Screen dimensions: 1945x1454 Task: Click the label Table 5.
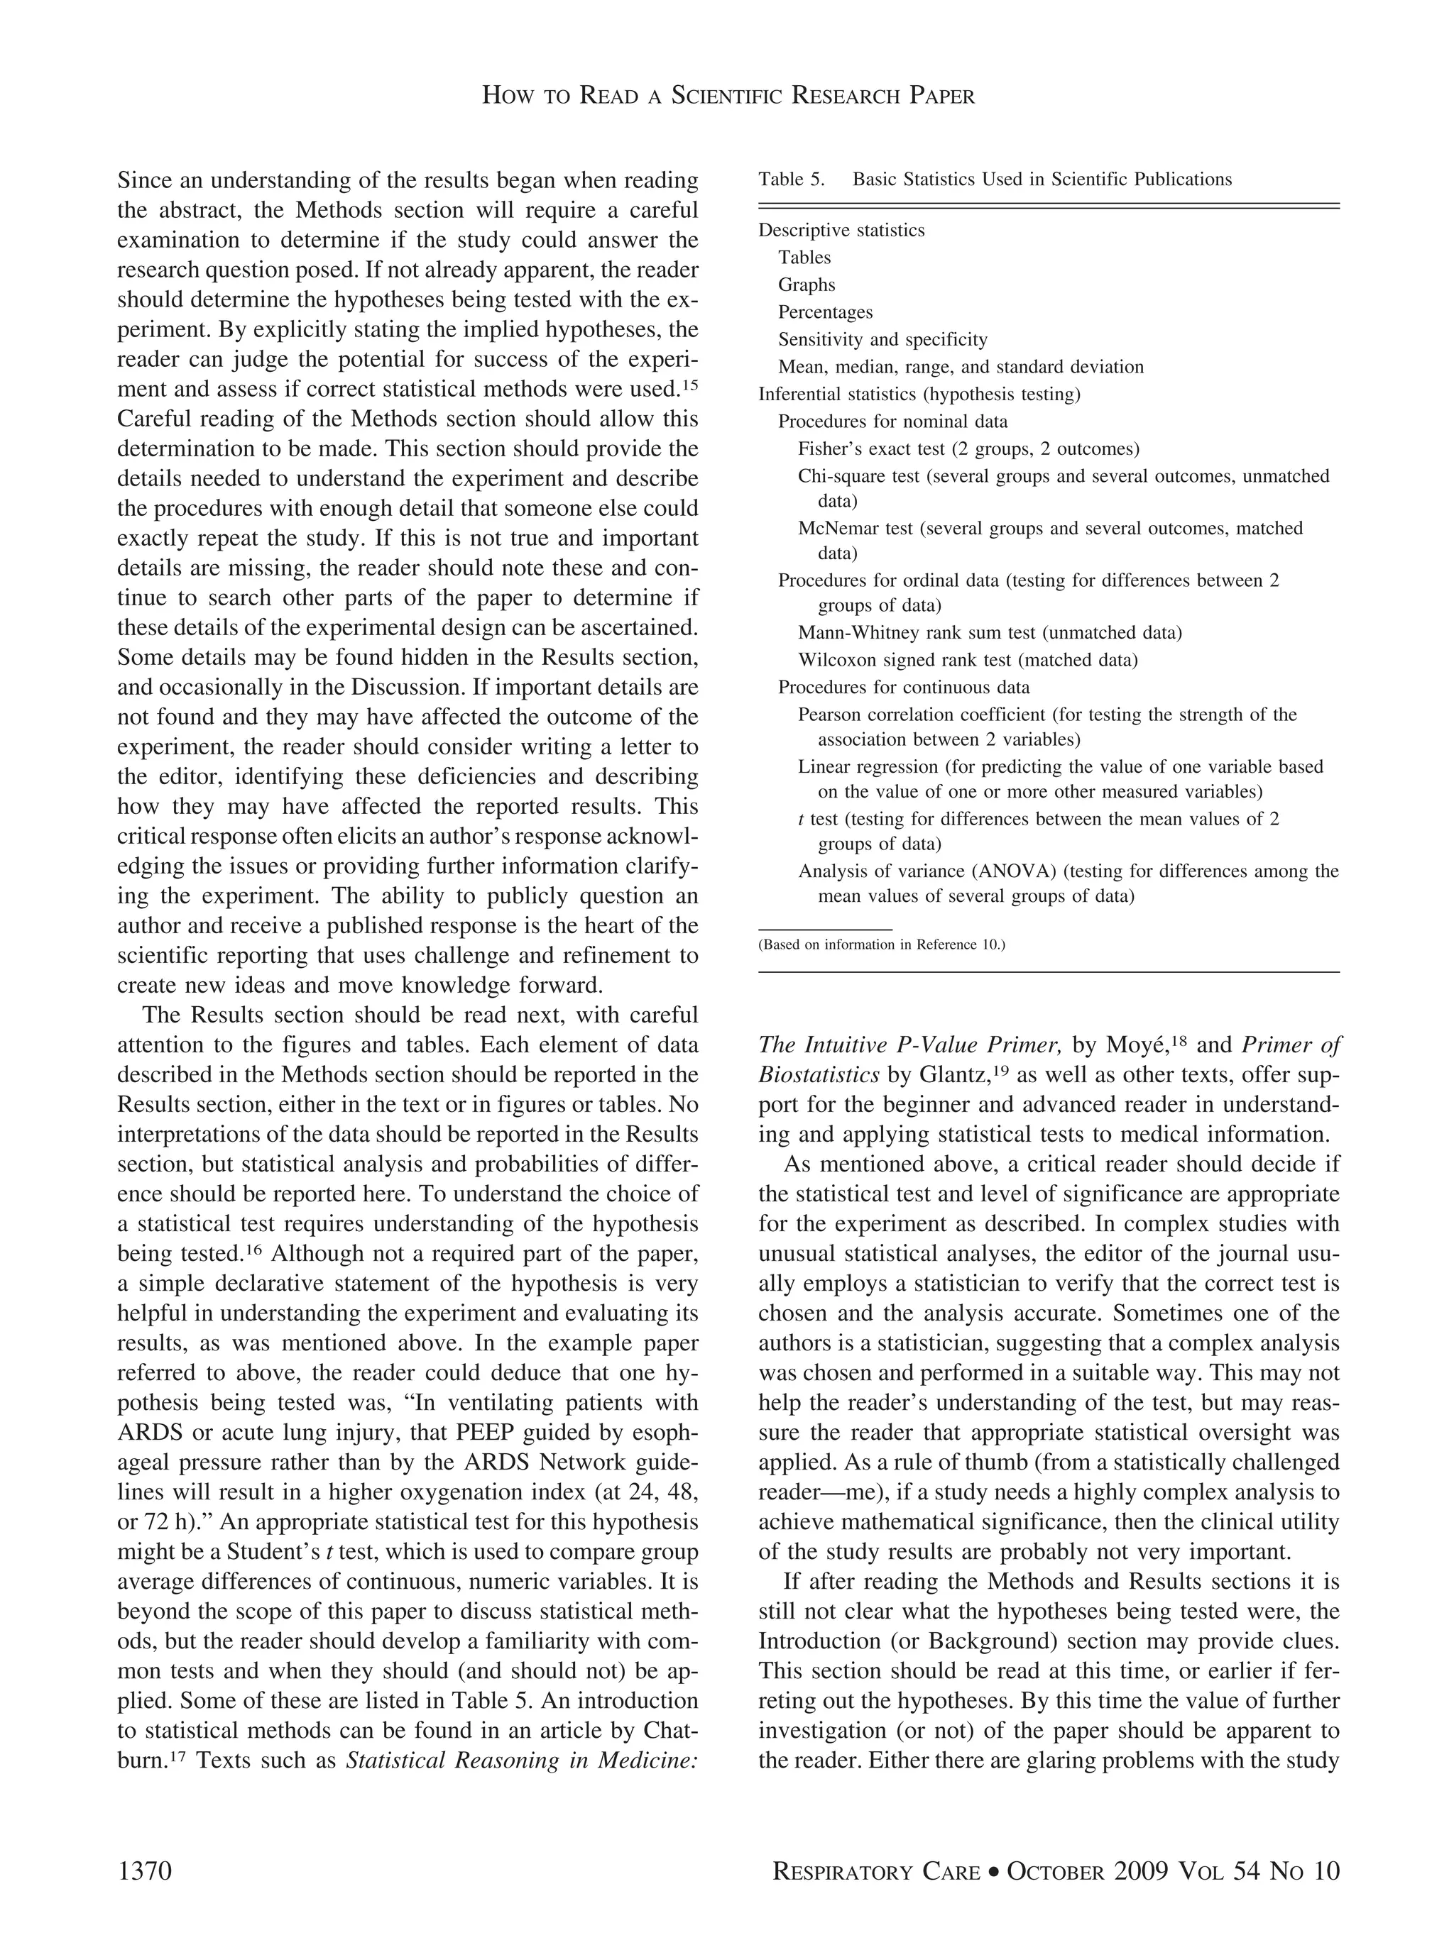[791, 180]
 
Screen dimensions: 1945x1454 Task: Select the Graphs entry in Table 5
[806, 285]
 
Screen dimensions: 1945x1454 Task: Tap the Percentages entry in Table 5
[824, 312]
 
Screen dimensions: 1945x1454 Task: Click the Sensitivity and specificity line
[881, 339]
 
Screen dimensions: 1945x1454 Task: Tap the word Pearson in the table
[828, 715]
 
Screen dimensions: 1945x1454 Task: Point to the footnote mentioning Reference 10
[880, 945]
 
